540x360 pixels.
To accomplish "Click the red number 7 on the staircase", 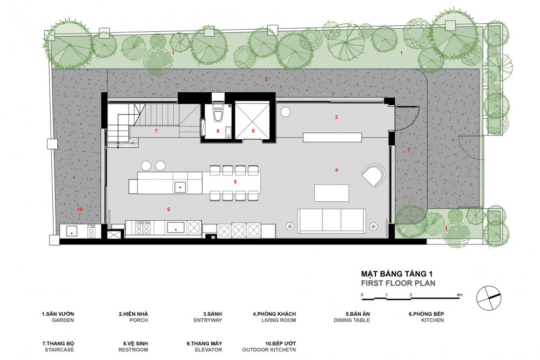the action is [x=156, y=131].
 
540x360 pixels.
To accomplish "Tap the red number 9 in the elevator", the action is [x=253, y=131].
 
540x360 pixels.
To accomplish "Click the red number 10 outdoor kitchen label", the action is [x=79, y=209].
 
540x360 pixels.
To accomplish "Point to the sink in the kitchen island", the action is [x=180, y=187].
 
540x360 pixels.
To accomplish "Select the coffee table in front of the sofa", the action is [x=332, y=193].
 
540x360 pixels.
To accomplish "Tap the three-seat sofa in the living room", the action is [x=332, y=220].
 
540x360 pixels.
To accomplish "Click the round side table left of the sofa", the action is [x=290, y=227].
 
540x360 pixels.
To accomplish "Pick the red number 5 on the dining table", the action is [x=235, y=182].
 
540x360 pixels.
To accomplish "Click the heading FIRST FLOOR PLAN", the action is [x=398, y=283].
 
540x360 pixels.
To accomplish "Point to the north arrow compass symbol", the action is [x=489, y=298].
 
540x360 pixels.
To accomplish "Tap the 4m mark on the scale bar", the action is [x=460, y=295].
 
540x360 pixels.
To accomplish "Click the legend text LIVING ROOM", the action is [x=279, y=320].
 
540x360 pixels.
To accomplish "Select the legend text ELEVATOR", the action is [x=208, y=350].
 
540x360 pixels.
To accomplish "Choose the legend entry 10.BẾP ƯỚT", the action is [x=280, y=343].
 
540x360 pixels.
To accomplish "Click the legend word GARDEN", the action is [x=63, y=320].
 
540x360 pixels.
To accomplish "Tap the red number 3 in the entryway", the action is [x=336, y=117].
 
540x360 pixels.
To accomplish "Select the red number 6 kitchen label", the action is [x=168, y=209].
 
